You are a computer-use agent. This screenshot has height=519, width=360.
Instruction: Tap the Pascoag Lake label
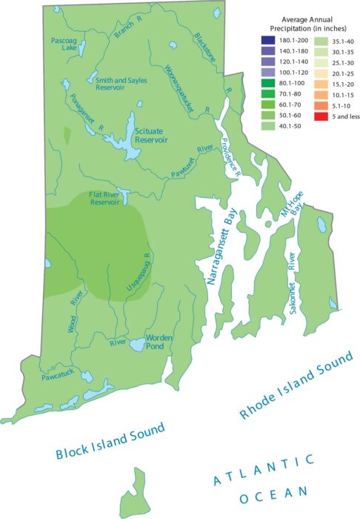(64, 44)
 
